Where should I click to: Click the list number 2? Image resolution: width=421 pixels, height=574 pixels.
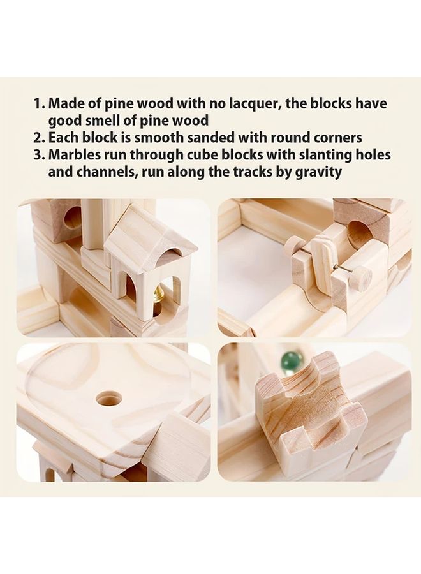tap(38, 138)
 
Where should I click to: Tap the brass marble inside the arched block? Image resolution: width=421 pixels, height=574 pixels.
tap(156, 295)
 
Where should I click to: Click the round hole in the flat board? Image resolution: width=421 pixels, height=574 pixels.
tap(109, 399)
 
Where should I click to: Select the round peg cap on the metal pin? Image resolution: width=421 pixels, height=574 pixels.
tap(362, 279)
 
